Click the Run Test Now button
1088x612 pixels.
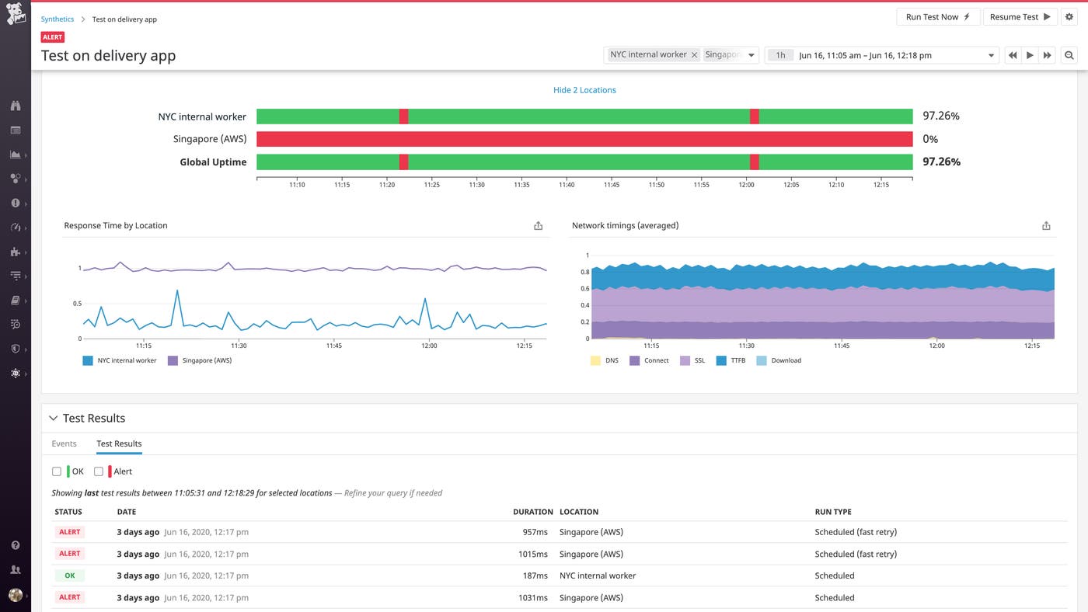point(938,17)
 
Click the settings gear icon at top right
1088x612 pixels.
point(1069,17)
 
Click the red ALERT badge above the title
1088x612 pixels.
point(53,37)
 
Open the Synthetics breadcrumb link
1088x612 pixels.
point(58,19)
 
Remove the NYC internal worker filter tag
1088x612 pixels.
point(694,55)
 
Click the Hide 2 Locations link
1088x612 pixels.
point(584,90)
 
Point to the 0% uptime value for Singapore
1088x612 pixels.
point(930,139)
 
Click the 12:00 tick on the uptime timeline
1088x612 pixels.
point(746,185)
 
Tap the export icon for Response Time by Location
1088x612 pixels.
point(538,226)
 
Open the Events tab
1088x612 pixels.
point(64,443)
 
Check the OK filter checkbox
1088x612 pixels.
point(57,471)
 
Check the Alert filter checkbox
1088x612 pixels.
point(99,471)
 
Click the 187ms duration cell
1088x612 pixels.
point(535,575)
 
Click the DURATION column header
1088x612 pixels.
point(532,512)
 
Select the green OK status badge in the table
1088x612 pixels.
point(70,575)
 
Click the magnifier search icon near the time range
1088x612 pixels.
point(1069,55)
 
